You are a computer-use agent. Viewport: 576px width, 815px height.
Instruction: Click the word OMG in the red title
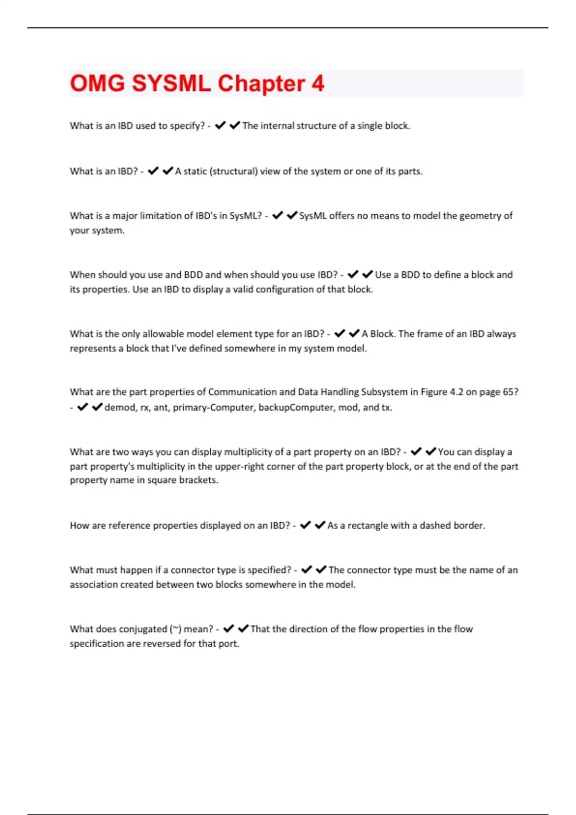97,83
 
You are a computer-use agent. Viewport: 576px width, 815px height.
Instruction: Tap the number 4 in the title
318,83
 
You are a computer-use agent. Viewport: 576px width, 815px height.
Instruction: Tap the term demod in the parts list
120,407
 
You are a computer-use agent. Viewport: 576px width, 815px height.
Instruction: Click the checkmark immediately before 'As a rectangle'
320,525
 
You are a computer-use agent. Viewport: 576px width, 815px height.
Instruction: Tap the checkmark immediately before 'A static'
168,171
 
